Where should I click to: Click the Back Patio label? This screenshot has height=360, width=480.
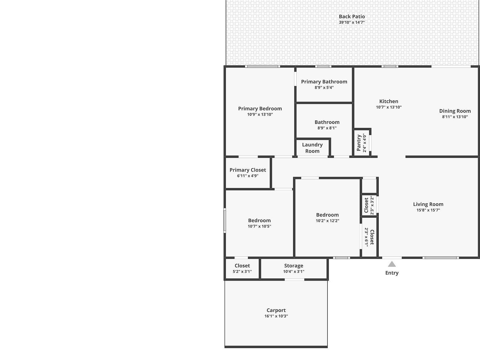(352, 17)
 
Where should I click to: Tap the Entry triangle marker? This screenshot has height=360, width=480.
(392, 264)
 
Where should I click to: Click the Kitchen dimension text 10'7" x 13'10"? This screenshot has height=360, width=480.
(388, 107)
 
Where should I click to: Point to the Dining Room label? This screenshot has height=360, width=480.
(455, 111)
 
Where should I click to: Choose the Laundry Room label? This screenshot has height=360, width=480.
(312, 148)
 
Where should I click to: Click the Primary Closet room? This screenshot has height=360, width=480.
(247, 173)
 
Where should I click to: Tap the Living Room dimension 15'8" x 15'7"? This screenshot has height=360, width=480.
(428, 210)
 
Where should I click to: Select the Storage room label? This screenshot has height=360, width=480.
(293, 266)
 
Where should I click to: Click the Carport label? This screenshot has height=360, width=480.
(276, 310)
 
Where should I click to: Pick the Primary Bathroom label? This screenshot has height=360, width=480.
(324, 82)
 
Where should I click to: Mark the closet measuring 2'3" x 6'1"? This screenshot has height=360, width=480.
(369, 237)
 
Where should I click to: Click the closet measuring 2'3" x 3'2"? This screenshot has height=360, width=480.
(369, 205)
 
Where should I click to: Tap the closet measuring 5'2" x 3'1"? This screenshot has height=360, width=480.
(242, 268)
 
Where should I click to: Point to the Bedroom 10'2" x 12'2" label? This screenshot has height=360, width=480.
(327, 215)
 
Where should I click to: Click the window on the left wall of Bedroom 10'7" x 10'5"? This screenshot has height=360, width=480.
(225, 221)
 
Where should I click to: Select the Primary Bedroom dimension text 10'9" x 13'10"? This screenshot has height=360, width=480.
(260, 115)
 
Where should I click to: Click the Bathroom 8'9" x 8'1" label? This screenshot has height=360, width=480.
(327, 122)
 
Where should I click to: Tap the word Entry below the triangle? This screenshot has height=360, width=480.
(392, 273)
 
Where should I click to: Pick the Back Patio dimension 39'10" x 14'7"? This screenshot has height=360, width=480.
(352, 22)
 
